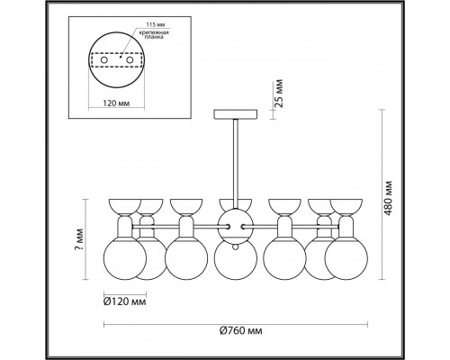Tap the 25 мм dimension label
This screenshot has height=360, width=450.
click(279, 94)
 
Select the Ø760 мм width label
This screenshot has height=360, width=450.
click(241, 331)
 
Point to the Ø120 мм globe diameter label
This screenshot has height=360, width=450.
click(125, 301)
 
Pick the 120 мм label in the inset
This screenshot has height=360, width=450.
click(116, 103)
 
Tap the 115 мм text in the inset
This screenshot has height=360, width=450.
click(156, 24)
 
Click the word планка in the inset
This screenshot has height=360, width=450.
click(153, 38)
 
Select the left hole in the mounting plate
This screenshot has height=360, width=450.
click(104, 60)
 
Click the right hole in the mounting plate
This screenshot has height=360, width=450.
click(130, 60)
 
